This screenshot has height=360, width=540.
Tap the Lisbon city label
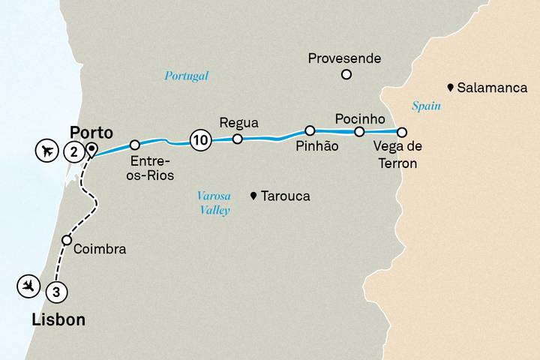coord(58,320)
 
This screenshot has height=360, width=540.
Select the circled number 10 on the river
coord(199,139)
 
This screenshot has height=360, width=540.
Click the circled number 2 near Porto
coord(73,151)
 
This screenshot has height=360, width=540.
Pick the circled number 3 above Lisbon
coord(55,291)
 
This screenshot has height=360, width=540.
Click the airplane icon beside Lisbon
coord(28,285)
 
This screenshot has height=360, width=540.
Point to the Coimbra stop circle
coord(67,241)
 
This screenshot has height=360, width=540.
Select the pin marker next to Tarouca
coord(254,196)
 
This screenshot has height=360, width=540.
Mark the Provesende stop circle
coord(346,73)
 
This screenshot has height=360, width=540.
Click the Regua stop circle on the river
coord(237,139)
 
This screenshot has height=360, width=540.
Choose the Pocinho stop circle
coord(359,132)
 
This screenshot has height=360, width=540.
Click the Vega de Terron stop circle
coord(402,133)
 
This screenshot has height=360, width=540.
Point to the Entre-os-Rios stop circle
coord(135,145)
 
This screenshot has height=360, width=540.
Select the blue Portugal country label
coord(186,76)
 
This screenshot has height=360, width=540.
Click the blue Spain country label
coord(426,106)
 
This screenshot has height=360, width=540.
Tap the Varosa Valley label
coord(213,202)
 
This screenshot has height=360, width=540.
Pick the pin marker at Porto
coord(91,148)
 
